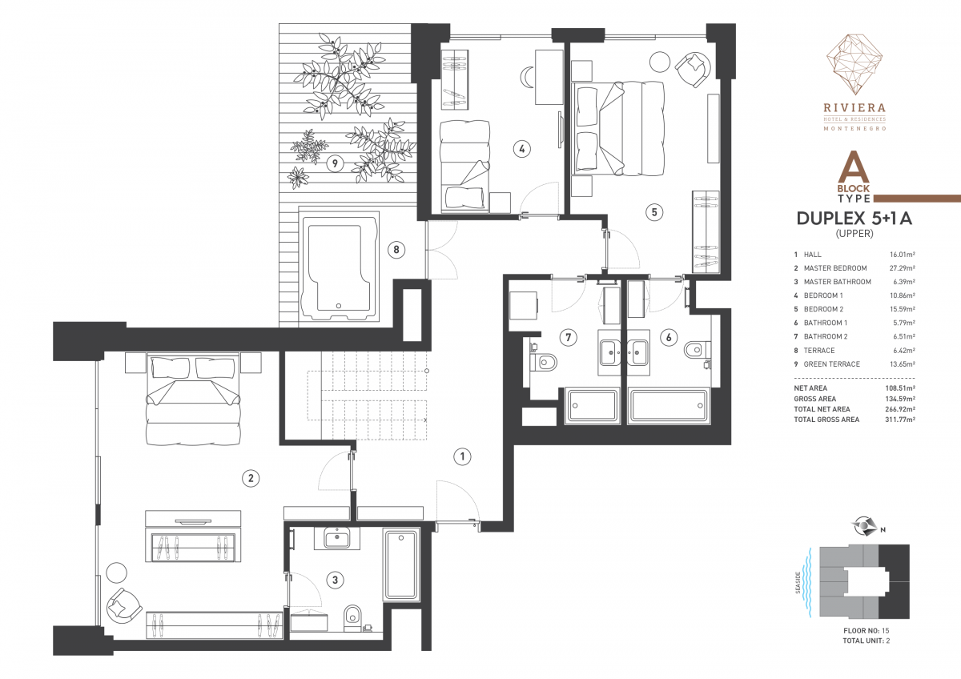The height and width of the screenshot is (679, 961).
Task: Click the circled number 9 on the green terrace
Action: click(x=335, y=163)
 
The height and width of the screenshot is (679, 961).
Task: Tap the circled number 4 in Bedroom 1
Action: click(x=521, y=149)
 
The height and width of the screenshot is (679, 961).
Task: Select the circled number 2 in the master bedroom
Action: click(x=251, y=478)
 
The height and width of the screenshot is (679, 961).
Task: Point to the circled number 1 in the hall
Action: click(x=462, y=456)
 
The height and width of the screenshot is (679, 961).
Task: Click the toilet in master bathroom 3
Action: click(x=352, y=617)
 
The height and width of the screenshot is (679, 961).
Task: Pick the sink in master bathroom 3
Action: click(x=337, y=538)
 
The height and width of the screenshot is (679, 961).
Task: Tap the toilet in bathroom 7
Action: click(x=543, y=362)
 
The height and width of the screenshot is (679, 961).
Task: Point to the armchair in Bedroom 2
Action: click(x=693, y=69)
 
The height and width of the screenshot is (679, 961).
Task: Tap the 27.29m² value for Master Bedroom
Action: click(x=902, y=268)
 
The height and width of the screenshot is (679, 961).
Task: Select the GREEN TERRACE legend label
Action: click(x=831, y=364)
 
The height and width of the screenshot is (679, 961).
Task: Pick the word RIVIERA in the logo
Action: click(x=854, y=107)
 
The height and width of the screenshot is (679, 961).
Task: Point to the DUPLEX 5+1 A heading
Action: click(x=854, y=219)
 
